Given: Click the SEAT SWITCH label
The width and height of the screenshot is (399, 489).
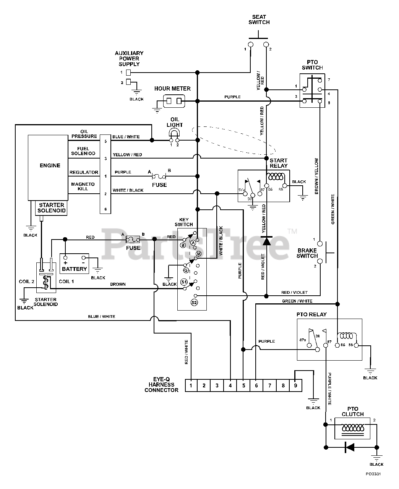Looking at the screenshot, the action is click(259, 20).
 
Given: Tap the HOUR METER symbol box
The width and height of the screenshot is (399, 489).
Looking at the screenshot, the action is click(174, 101).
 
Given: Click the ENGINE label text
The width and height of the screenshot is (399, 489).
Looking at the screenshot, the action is click(50, 165).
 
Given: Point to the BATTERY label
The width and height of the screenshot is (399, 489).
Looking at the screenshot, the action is click(74, 269).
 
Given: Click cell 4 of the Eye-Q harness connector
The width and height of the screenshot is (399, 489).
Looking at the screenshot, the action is click(230, 385).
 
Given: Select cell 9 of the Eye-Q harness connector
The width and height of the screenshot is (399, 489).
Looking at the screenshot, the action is click(295, 385).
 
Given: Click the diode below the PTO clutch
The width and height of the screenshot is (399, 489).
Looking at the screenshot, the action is click(350, 447).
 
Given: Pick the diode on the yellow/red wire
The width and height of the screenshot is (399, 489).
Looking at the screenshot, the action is click(266, 241).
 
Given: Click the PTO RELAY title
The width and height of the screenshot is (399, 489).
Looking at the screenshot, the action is click(311, 314).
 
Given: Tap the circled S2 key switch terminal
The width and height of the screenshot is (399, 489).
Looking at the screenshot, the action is click(194, 302).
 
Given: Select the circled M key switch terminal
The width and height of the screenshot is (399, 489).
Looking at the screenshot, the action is click(199, 254).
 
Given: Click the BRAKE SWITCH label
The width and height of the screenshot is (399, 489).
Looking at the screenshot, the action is click(307, 253).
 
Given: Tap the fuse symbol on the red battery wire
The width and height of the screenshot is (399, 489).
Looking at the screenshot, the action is click(133, 239).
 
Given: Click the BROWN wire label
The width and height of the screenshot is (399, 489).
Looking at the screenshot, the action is click(118, 284).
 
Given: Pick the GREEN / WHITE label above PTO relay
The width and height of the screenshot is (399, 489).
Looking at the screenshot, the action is click(297, 301).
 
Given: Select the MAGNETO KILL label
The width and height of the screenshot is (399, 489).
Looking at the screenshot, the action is click(83, 186).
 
